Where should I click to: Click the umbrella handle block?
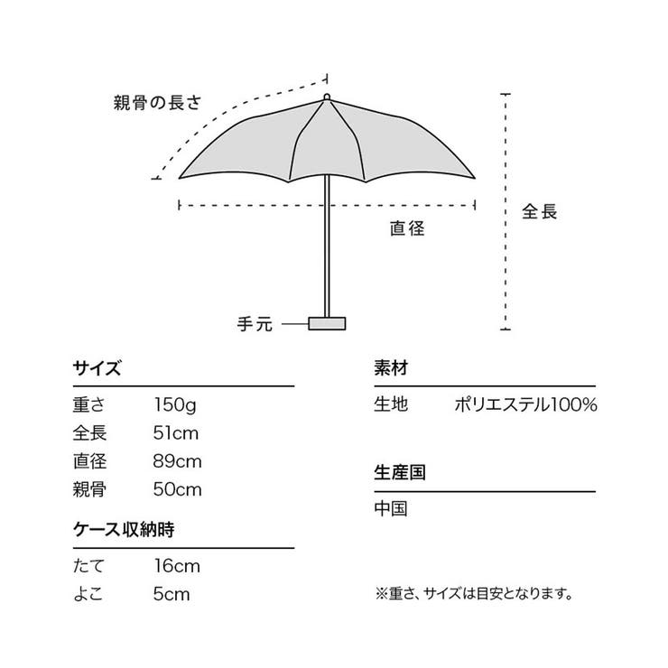click(x=327, y=323)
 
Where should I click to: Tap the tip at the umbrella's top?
click(x=327, y=97)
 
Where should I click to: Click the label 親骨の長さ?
click(x=157, y=103)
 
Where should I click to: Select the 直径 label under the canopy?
click(x=407, y=228)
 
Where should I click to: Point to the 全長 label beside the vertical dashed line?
click(x=539, y=211)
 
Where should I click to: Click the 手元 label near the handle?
click(x=255, y=324)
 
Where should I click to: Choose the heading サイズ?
click(x=97, y=368)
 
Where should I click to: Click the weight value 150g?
click(x=175, y=405)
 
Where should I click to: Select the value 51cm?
click(x=176, y=433)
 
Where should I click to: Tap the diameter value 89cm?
click(x=177, y=461)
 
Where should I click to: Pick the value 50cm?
click(x=177, y=489)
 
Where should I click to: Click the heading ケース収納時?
click(x=124, y=530)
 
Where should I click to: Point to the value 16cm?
click(x=177, y=566)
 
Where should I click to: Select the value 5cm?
click(x=172, y=594)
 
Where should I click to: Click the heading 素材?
click(x=391, y=368)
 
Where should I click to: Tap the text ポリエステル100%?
click(x=525, y=404)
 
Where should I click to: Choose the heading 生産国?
click(x=400, y=473)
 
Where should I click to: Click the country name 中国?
click(x=391, y=508)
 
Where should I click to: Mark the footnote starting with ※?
click(x=474, y=593)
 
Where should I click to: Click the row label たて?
click(x=88, y=566)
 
